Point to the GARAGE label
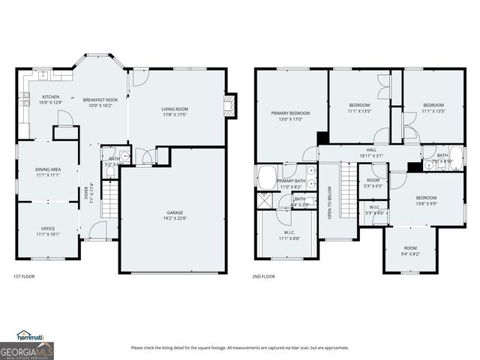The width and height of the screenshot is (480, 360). [174, 216]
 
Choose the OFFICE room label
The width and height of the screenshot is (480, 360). [48, 231]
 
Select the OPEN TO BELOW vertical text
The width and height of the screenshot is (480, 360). [329, 202]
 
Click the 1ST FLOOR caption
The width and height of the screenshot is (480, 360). [24, 277]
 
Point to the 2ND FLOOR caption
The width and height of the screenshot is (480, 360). [263, 277]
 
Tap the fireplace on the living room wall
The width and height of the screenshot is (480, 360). [232, 104]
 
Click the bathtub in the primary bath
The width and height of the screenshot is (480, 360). [266, 178]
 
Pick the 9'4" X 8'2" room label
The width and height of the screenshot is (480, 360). [410, 250]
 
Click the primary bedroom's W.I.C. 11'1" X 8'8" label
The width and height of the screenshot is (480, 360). [289, 235]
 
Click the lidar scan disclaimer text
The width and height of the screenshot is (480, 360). [240, 347]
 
